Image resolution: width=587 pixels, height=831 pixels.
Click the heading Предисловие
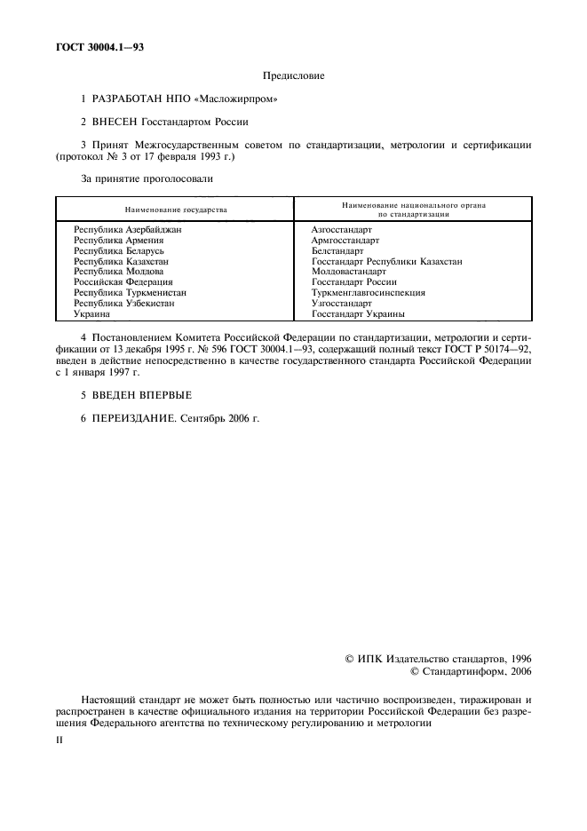pyautogui.click(x=293, y=76)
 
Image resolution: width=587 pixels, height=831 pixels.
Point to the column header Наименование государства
pyautogui.click(x=175, y=210)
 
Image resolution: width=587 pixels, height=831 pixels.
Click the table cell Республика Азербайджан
pyautogui.click(x=127, y=229)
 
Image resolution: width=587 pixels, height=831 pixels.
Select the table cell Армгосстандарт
pyautogui.click(x=345, y=240)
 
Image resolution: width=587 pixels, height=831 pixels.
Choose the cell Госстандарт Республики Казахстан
pyautogui.click(x=386, y=261)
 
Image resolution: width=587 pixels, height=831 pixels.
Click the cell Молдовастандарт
pyautogui.click(x=349, y=272)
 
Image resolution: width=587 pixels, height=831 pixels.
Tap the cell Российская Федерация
pyautogui.click(x=123, y=282)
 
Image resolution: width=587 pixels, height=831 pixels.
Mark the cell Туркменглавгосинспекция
pyautogui.click(x=368, y=293)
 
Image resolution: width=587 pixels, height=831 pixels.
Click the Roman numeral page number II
pyautogui.click(x=59, y=737)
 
